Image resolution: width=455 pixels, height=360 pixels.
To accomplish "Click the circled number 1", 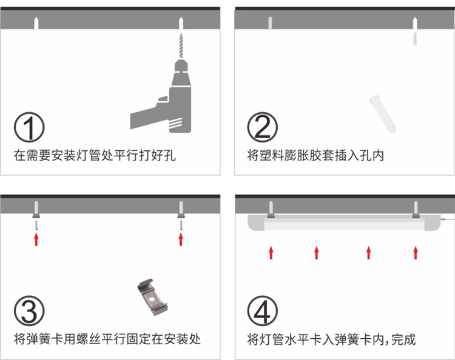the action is click(x=29, y=127).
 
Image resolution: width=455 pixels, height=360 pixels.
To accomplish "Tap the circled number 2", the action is click(x=262, y=127).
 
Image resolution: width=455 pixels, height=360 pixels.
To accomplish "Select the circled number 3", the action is click(x=29, y=311).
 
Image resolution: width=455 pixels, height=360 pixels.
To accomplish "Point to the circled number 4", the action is click(x=262, y=311).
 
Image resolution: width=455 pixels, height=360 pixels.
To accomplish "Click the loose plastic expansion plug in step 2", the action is click(x=382, y=113).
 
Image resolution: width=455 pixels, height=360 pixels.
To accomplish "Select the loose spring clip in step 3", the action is click(x=152, y=297).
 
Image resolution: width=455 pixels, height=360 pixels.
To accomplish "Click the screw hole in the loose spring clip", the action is click(x=151, y=298).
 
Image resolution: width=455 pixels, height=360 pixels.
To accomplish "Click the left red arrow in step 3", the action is click(x=36, y=239).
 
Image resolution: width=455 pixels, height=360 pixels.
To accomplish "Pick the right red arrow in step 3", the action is click(x=181, y=239).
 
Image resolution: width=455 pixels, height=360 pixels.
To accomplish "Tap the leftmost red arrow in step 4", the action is click(x=271, y=253).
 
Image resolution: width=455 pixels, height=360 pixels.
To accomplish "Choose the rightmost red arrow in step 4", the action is click(x=416, y=253).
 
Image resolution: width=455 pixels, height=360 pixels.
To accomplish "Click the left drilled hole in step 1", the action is click(x=36, y=23).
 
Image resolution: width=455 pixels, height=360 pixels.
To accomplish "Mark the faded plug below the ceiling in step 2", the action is click(x=415, y=39).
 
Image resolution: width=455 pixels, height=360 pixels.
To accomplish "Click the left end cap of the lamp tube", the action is click(x=255, y=222).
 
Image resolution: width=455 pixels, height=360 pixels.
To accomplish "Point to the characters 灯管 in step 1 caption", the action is click(x=89, y=155).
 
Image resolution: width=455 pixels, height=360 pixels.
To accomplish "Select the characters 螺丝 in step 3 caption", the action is click(x=89, y=339).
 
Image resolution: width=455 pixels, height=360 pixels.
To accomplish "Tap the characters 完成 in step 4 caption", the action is click(x=403, y=339).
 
